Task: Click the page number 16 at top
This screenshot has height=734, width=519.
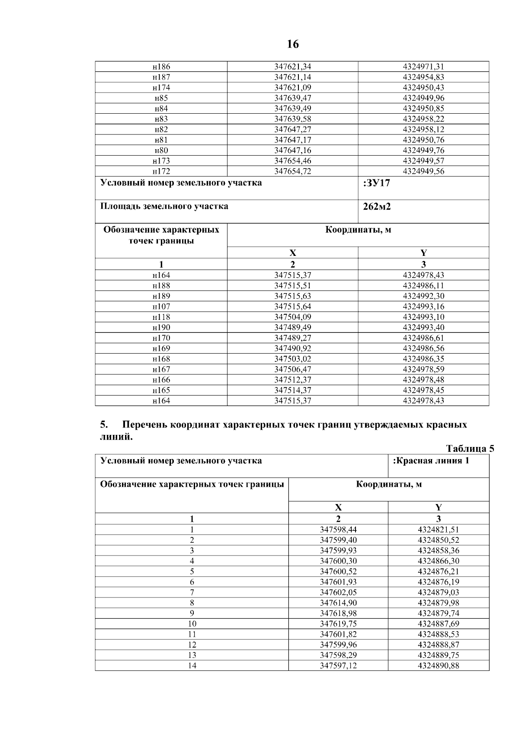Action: click(x=292, y=44)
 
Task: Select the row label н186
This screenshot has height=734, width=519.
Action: click(x=161, y=67)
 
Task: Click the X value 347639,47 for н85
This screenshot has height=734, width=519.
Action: click(x=293, y=98)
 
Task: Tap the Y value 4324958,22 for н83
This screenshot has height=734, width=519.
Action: click(x=423, y=119)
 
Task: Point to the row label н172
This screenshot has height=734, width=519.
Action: click(x=161, y=171)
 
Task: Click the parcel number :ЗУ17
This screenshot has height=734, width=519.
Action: click(x=377, y=183)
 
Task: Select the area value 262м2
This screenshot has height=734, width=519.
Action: click(x=377, y=207)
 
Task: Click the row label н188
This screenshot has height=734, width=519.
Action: click(x=161, y=286)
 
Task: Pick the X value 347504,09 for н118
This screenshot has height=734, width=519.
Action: click(x=293, y=317)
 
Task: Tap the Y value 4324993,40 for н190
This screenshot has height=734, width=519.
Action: click(x=423, y=327)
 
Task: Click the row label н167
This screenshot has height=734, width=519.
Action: click(x=161, y=369)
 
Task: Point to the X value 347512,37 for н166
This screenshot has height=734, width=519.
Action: click(x=293, y=380)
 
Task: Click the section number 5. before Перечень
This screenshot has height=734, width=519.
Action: click(x=104, y=424)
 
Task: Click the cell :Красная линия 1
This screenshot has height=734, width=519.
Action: click(x=431, y=461)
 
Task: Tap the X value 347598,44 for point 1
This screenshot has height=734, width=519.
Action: click(x=338, y=530)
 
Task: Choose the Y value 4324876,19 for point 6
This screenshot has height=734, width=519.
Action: click(x=439, y=582)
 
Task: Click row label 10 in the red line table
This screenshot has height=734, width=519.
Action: click(x=192, y=624)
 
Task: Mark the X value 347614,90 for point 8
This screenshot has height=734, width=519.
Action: click(x=338, y=603)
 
